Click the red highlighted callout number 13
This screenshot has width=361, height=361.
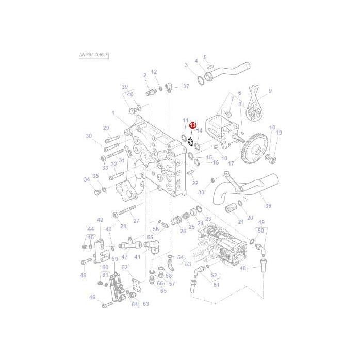pos(192,125)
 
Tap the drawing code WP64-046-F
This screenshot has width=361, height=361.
pos(94,54)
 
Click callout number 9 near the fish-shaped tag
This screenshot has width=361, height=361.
pos(270,91)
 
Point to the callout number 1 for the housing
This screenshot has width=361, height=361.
pos(112,112)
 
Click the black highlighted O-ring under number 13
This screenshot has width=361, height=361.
pos(190,140)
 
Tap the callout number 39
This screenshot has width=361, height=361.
pos(124,87)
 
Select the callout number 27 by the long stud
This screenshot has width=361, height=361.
pos(136,221)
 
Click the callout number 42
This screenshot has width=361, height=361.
pos(100,220)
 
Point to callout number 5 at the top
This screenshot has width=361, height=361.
pos(205,57)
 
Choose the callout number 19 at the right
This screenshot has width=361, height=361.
pos(279,133)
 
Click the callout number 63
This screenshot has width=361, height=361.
pos(146,304)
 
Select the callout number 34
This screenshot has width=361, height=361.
pos(87,179)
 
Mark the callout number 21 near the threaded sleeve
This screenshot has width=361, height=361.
pos(240,222)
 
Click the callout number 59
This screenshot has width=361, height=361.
pos(115,259)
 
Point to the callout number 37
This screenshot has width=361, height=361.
pos(186,86)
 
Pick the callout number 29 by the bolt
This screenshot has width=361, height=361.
pos(106,128)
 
